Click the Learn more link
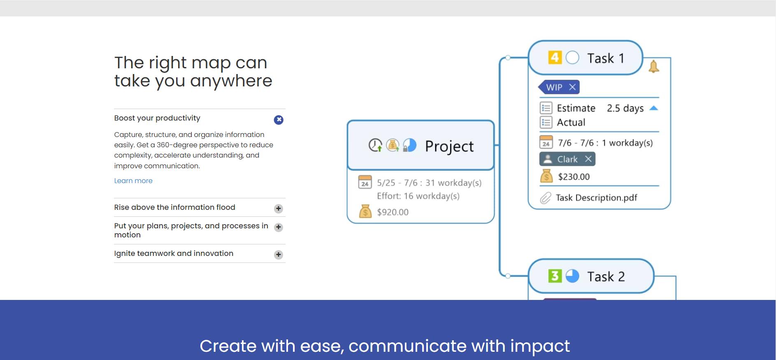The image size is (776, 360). pos(133,181)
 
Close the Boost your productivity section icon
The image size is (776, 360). pos(279,120)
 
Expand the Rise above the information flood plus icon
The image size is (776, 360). pos(279,209)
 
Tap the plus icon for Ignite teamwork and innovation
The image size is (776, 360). pos(279,255)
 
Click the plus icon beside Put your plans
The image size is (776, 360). pos(279,227)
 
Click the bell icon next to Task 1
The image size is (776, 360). pos(654,67)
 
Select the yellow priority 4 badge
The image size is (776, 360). pos(555,57)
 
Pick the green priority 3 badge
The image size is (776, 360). pos(555,276)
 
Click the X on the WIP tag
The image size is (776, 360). pos(572,87)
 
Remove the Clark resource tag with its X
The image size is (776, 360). pos(588,159)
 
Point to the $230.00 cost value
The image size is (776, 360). pos(574,177)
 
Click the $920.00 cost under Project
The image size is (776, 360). pos(393,212)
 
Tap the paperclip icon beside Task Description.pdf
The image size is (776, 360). pos(546,198)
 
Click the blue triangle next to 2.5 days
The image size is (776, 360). pos(654,108)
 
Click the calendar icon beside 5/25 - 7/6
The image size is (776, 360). pos(365,182)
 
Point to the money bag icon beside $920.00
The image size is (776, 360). pos(365,211)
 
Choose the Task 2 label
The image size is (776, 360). pos(606,276)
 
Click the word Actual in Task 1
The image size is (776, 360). pos(571,123)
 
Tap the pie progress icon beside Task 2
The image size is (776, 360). pos(572,276)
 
